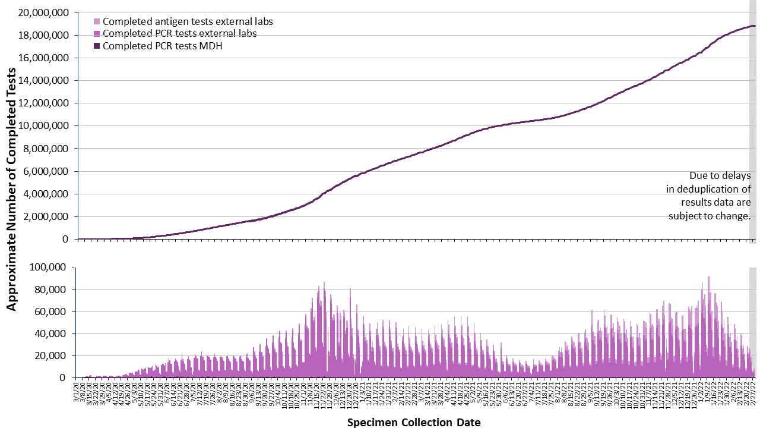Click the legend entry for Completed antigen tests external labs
coord(188,21)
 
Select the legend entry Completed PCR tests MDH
coord(162,46)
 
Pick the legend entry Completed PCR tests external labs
coord(179,34)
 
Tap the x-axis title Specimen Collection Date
coord(413,423)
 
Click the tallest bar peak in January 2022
coord(708,277)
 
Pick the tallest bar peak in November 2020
coord(324,283)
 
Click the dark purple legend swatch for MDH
coord(97,46)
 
